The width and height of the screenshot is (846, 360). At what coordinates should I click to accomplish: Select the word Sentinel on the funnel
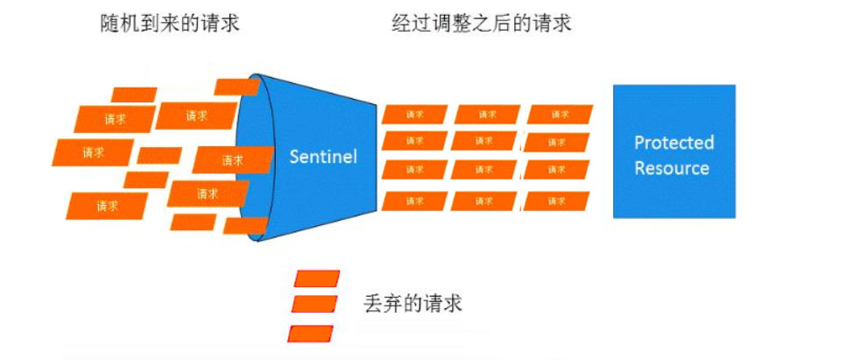324,157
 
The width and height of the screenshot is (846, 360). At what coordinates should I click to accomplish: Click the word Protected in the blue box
673,143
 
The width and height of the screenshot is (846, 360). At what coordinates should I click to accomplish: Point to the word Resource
672,168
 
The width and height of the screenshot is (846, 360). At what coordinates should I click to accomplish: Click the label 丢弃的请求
412,304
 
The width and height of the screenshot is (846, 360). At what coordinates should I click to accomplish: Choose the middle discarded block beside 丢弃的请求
314,304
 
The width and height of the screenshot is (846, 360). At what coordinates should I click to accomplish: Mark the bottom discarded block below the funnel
311,334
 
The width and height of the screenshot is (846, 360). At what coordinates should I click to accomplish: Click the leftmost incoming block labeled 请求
94,152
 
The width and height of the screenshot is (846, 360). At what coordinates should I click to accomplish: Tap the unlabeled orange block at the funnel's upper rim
236,87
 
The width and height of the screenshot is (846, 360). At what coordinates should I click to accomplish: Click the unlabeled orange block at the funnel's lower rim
245,226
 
